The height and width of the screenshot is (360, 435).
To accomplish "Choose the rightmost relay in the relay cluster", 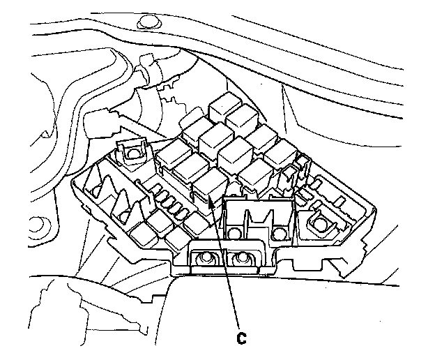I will click(x=280, y=153).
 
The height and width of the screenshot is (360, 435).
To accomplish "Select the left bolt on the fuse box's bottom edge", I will click(x=206, y=259).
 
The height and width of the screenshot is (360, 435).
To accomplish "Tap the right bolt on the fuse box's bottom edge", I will click(x=242, y=258).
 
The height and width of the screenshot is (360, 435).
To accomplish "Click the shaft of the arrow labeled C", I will click(x=226, y=265).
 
